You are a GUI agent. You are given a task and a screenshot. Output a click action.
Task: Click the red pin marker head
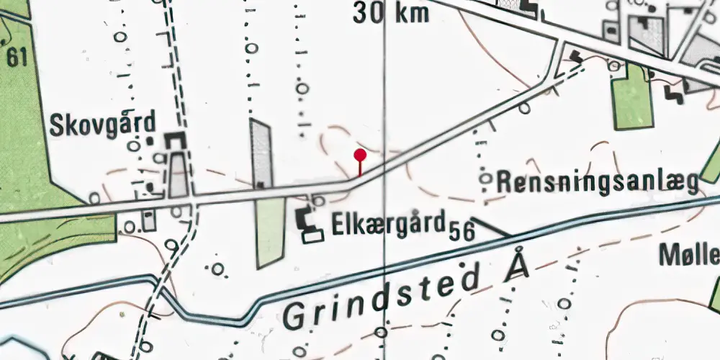(x=360, y=154)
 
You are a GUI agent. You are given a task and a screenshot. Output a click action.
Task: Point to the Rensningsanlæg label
(x=598, y=181)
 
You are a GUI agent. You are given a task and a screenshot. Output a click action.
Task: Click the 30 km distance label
(x=391, y=12)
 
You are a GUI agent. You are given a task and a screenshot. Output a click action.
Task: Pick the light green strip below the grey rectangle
(x=271, y=230)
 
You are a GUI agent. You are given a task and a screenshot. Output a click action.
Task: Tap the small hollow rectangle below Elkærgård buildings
(x=312, y=235)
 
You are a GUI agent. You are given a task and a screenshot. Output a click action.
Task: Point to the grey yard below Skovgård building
(x=179, y=176)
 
